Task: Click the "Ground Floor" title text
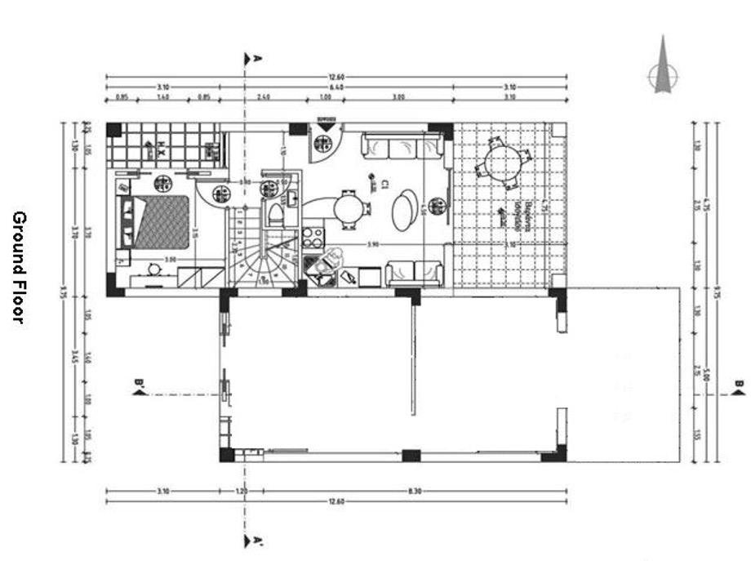point(19,267)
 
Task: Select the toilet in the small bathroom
point(275,215)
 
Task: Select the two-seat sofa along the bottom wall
point(415,272)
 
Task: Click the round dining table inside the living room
point(350,207)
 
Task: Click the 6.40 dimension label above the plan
point(336,87)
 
